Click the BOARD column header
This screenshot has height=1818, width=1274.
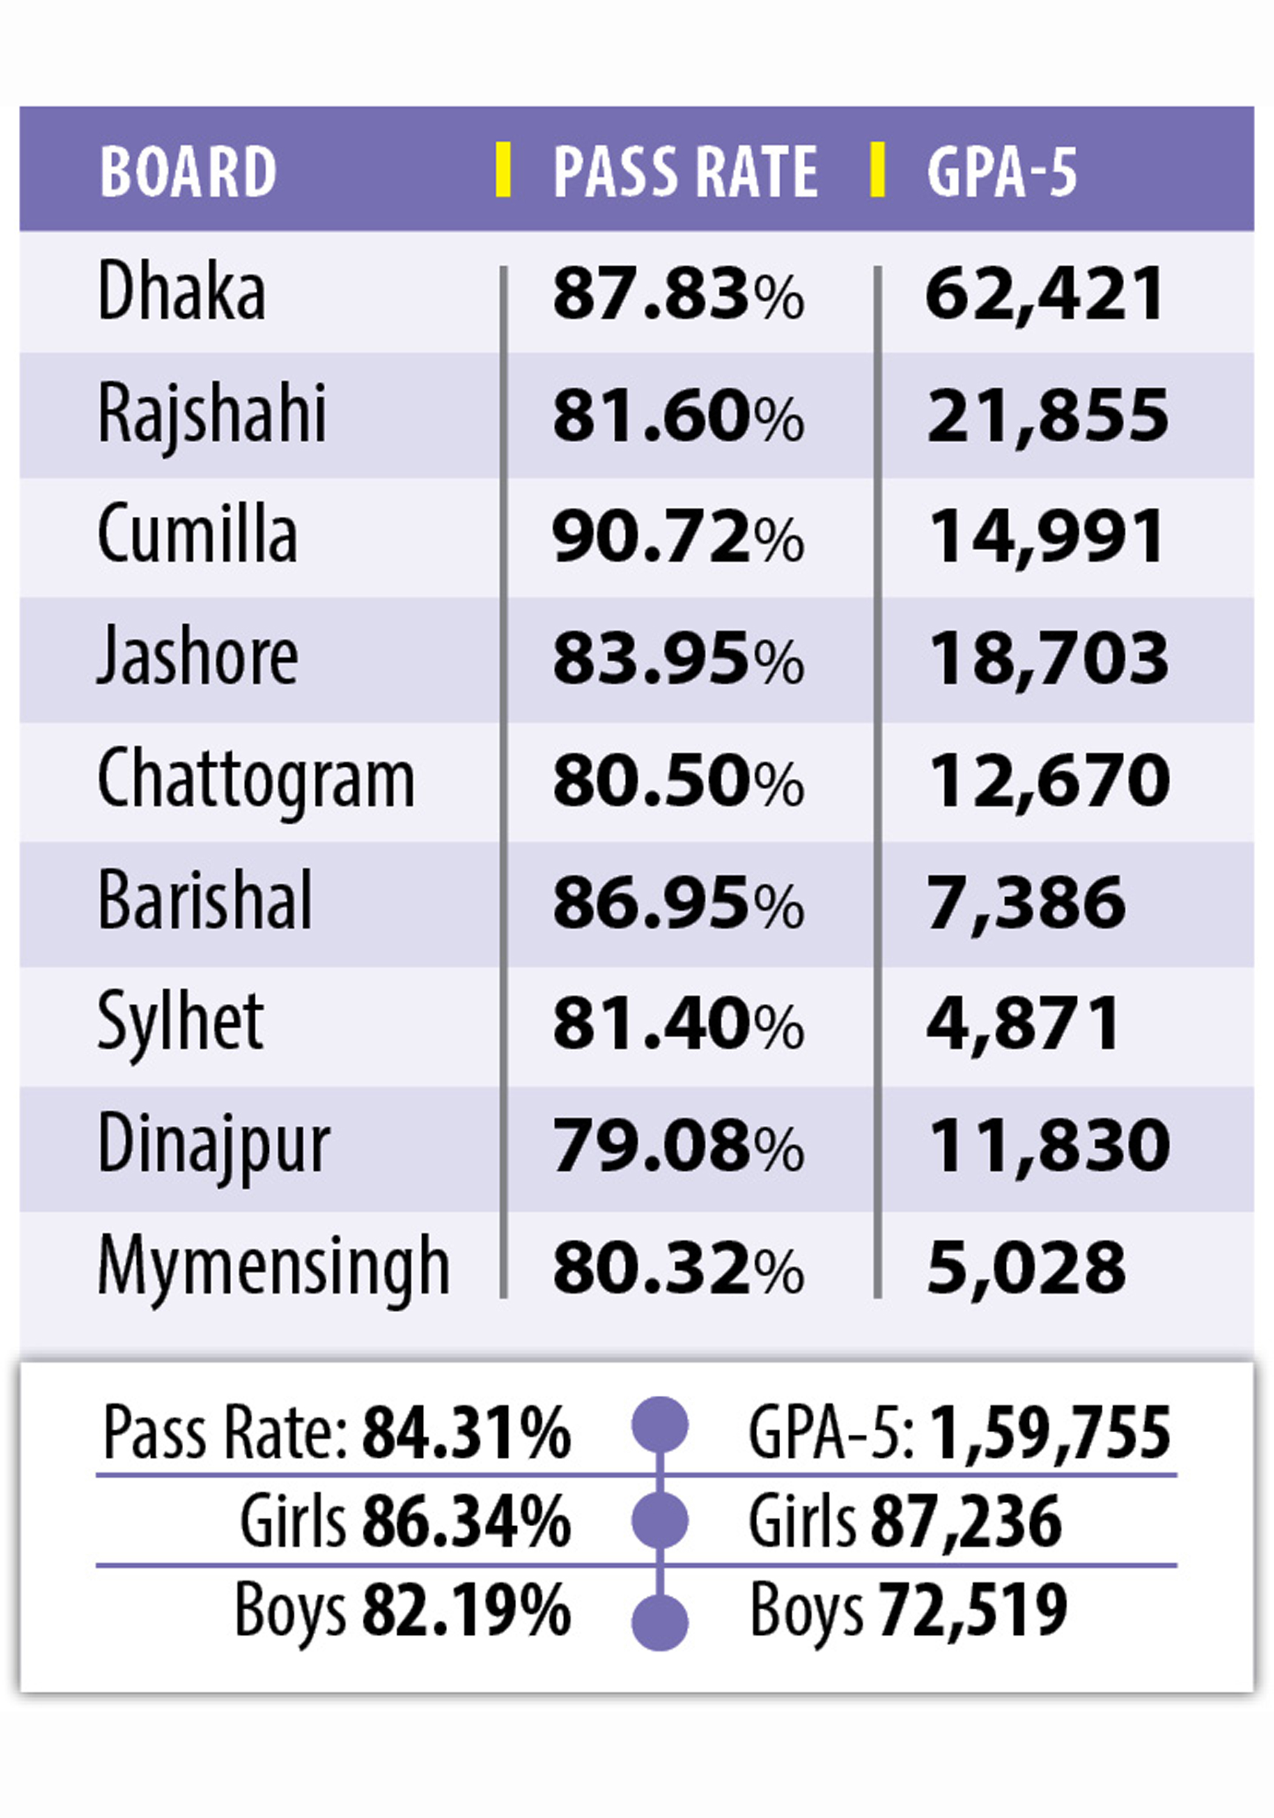[x=187, y=171]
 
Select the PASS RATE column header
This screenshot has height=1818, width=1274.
[x=685, y=171]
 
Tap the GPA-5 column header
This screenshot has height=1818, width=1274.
[x=1002, y=171]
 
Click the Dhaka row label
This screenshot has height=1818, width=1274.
[x=181, y=291]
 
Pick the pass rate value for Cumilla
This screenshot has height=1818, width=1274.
[x=678, y=537]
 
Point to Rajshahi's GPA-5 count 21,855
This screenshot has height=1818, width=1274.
[x=1046, y=415]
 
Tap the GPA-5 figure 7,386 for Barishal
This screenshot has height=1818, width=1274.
[x=1025, y=903]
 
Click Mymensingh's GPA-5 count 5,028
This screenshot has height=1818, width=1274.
[x=1025, y=1268]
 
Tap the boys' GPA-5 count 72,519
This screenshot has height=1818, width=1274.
[x=973, y=1611]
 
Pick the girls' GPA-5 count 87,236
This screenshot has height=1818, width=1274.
[x=966, y=1522]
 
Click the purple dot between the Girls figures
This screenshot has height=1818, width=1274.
[x=659, y=1520]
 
